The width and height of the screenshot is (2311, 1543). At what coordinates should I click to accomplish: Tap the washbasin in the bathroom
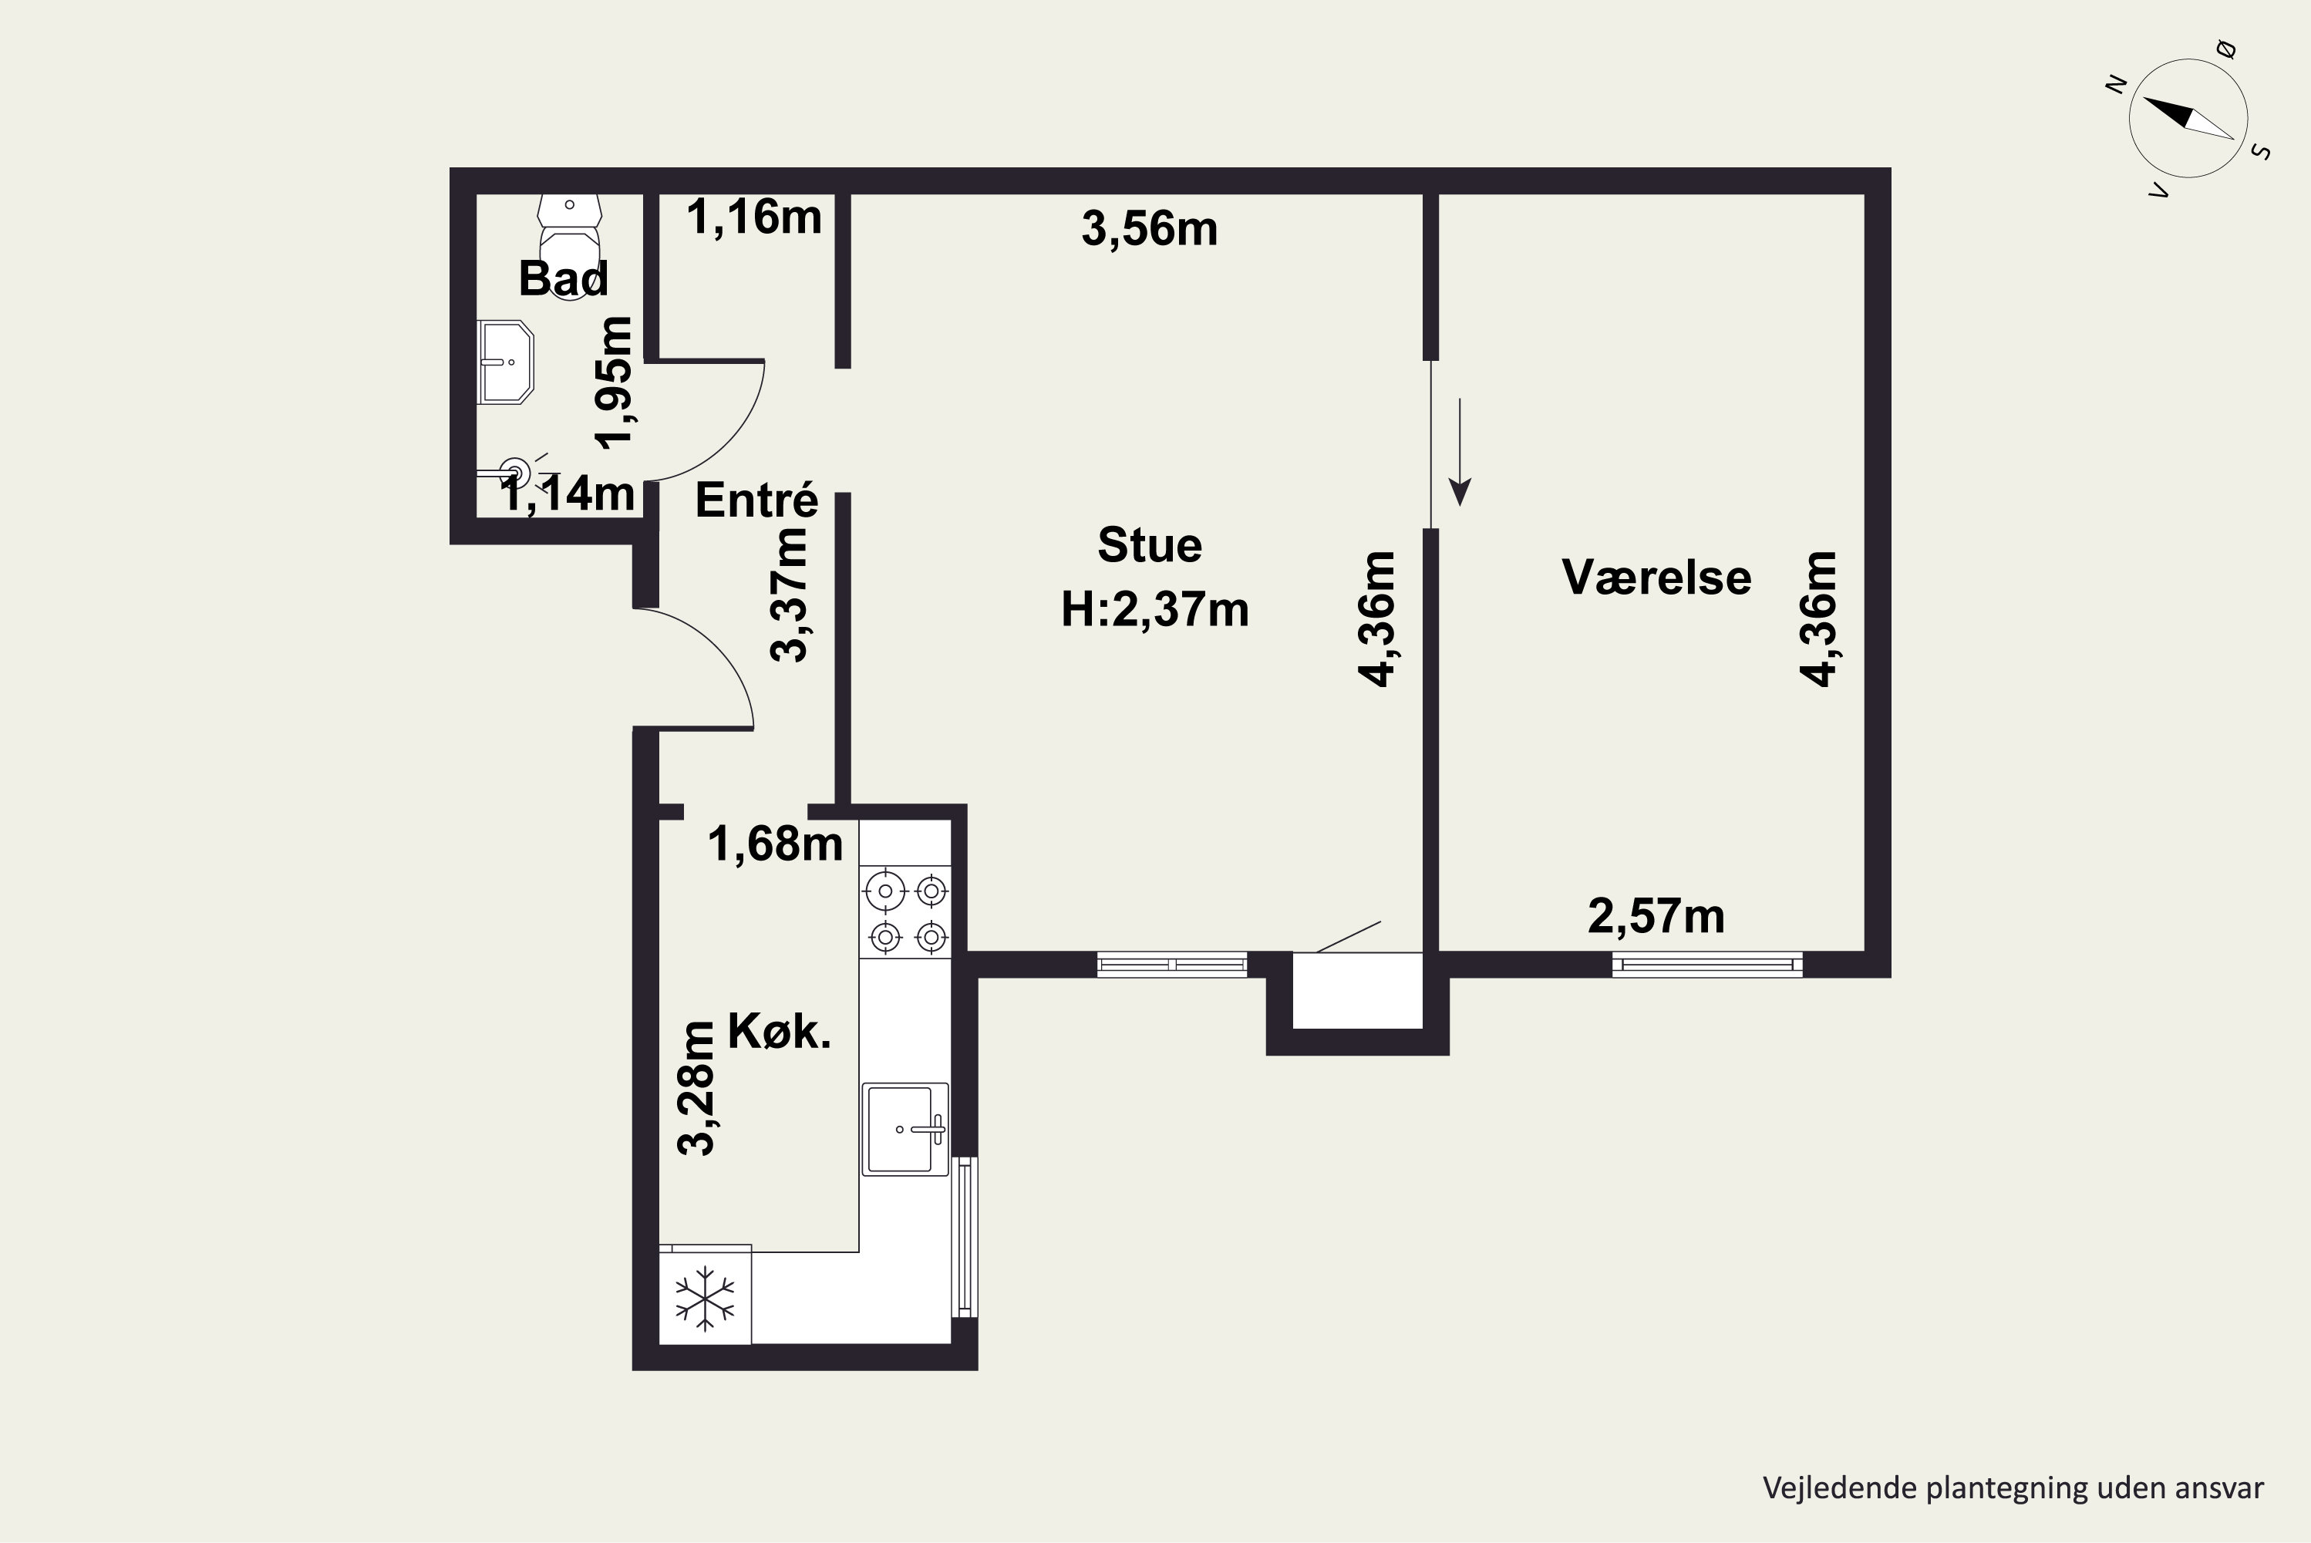coord(506,362)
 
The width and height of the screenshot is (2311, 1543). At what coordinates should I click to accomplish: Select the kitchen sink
coord(905,1129)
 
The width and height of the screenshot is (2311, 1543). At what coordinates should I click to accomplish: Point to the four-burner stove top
coord(905,912)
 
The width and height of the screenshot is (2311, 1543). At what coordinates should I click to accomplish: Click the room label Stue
coord(1149,545)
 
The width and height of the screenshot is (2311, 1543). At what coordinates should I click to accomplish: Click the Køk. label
coord(779,1031)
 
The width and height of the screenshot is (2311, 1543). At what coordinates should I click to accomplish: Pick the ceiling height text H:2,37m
coord(1154,609)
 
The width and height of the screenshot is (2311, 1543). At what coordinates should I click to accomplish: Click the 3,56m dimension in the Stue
coord(1149,228)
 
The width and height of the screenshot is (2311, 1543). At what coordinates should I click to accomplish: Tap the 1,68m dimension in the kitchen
coord(775,844)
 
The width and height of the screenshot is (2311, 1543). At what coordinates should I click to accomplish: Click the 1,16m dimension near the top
coord(753,217)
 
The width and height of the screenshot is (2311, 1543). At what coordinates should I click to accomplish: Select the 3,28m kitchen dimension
coord(696,1087)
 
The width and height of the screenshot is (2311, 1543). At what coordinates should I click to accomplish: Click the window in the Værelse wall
coord(1707,965)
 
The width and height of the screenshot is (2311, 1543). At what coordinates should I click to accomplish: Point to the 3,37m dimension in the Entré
coord(788,595)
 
